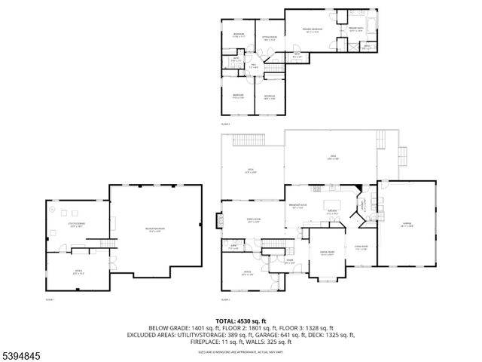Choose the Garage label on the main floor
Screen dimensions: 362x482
click(406, 224)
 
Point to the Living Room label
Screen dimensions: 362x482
click(360, 247)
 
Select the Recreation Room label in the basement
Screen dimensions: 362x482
click(155, 229)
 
